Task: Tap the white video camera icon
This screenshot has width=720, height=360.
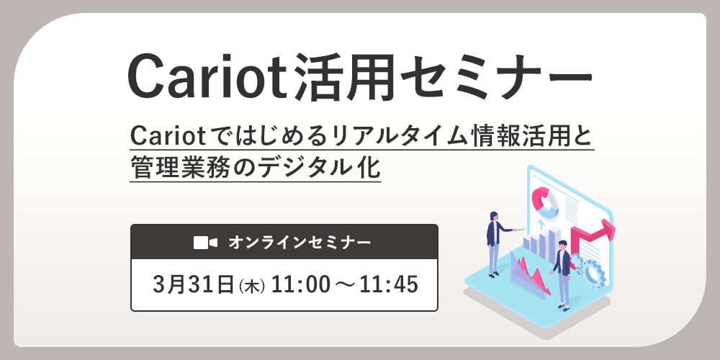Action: tap(205, 243)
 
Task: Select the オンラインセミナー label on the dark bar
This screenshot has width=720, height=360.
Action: tap(300, 243)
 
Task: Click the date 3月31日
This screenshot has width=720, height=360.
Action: tap(194, 284)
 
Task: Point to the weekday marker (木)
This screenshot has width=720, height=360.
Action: tap(251, 286)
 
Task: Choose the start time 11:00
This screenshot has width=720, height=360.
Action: tap(301, 284)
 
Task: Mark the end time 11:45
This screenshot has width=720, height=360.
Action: tap(389, 284)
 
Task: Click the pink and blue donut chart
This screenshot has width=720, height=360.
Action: tap(544, 202)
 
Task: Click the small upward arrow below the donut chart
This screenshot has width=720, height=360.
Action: tap(541, 224)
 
